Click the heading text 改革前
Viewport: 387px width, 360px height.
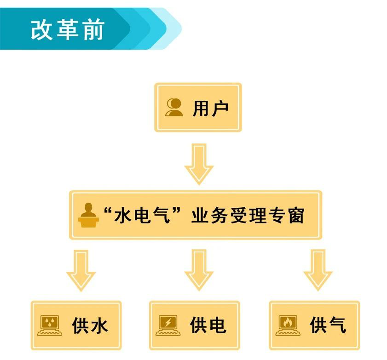coord(68,30)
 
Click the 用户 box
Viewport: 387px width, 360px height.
coord(198,108)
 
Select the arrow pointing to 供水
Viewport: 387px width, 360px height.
coord(81,270)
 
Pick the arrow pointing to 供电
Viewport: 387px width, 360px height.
coord(199,270)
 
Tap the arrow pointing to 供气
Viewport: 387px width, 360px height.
coord(318,270)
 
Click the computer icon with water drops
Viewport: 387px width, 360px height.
coord(49,325)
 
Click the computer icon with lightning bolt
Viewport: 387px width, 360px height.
coord(168,325)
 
